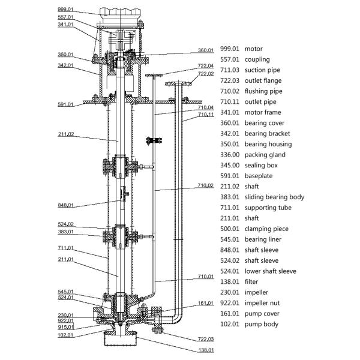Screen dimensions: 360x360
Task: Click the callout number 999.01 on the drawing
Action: point(65,10)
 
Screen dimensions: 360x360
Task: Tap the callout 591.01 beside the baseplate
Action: point(65,104)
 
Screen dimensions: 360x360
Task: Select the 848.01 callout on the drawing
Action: point(65,205)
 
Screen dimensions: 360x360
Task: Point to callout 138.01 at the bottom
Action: point(206,350)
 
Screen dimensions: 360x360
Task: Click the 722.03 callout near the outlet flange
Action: point(206,339)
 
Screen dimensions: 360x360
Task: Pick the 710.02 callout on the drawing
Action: point(206,185)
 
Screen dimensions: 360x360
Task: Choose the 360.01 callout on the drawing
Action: point(206,50)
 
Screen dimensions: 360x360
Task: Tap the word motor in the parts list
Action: point(254,49)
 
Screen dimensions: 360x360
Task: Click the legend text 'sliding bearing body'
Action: point(274,197)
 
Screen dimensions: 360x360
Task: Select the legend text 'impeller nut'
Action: point(262,303)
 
